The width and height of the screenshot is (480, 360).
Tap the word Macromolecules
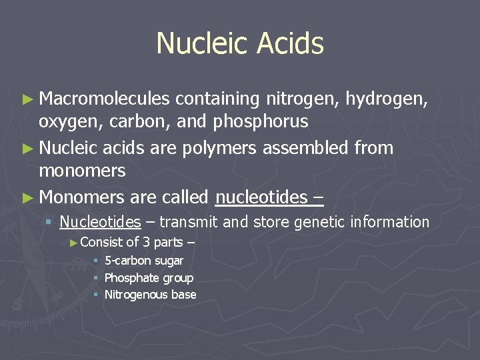point(105,99)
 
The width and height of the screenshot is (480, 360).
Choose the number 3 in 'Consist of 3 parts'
point(146,243)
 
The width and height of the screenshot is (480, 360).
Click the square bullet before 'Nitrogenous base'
point(96,295)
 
